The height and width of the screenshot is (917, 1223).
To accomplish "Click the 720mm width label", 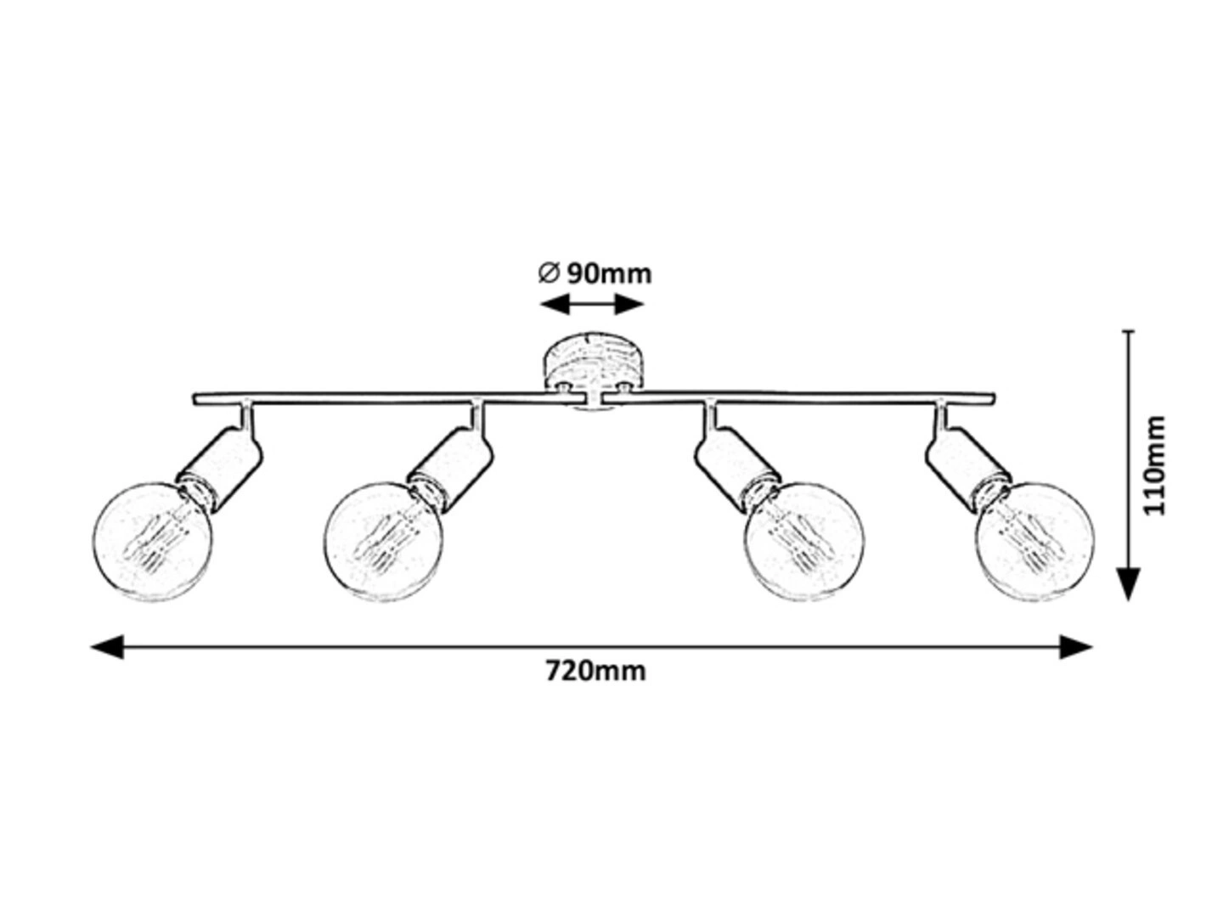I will pos(595,672).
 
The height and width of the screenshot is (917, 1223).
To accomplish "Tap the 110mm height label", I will pos(1155,464).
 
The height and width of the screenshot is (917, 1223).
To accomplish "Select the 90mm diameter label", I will pos(608,273).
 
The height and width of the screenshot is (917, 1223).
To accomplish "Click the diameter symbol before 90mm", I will pos(548,273).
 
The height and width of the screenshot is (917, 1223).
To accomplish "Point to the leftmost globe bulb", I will pos(153,542).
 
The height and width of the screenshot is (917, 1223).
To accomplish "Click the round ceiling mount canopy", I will pos(595,361).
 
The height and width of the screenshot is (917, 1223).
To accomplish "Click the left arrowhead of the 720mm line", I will pos(107,647).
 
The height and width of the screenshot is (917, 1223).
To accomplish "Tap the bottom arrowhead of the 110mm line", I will pos(1128,584).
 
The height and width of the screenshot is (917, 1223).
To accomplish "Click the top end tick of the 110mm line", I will pos(1128,331).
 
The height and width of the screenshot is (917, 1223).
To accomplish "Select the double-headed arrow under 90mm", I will pos(593,304).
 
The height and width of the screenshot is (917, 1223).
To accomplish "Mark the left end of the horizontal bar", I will pos(197,397).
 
